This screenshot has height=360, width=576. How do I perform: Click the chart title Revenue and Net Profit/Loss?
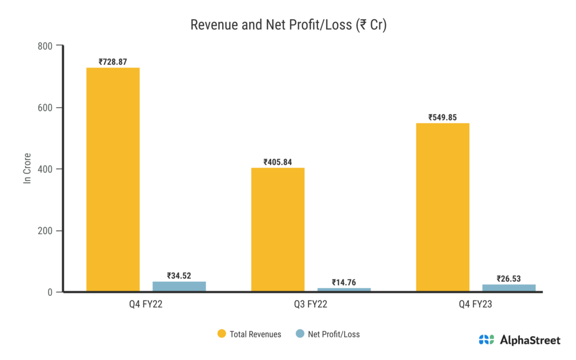coord(288,25)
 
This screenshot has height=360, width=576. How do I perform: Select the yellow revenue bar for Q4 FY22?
coord(112,180)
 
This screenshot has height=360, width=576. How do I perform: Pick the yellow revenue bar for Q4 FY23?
coord(442,208)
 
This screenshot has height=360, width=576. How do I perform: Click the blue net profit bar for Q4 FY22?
coord(179,286)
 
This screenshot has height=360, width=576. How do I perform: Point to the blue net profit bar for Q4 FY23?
coord(508,288)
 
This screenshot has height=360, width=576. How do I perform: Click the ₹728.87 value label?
coord(112,62)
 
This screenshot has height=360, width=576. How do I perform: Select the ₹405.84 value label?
coord(277,162)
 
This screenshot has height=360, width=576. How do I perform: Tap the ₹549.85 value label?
coord(442,118)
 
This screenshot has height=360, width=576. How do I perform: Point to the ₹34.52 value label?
coord(179,276)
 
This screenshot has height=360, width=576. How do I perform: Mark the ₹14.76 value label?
coord(344,282)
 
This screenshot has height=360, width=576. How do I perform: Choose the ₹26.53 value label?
coord(508,278)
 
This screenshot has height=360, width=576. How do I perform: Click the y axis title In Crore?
coord(26,169)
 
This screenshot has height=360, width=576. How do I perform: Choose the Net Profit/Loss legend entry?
coord(327,334)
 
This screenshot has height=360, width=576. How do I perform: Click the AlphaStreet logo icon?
coord(486,340)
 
